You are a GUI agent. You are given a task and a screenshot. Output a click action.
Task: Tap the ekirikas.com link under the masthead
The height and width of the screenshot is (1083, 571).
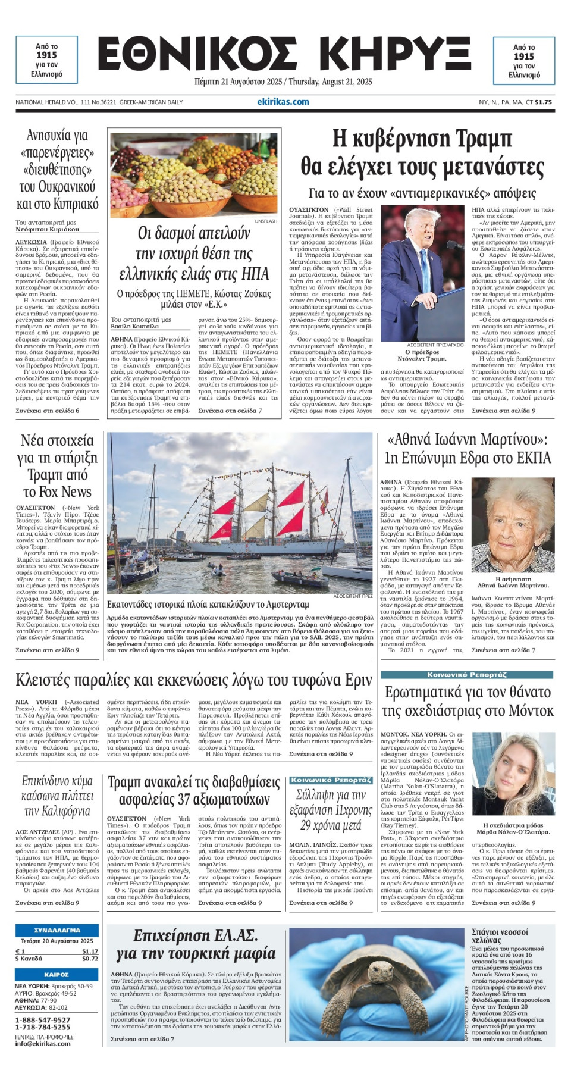pos(283,102)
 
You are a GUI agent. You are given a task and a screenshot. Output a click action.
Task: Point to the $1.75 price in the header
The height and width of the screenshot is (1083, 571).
pos(543,102)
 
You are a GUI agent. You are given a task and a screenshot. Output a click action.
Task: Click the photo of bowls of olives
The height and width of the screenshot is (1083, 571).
pos(194,175)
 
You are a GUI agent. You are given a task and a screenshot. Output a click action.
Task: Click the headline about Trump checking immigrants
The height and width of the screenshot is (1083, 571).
pos(422,154)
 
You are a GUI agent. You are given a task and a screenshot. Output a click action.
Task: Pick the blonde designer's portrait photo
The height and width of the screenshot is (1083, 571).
pos(512,773)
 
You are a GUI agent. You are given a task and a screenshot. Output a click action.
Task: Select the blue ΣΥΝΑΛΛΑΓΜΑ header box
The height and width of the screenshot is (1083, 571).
pos(57,930)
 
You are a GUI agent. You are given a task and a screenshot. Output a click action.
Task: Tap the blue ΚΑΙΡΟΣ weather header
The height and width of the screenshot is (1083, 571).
pos(57,975)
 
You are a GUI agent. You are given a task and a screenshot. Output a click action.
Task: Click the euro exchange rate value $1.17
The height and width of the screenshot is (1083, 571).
pos(90,951)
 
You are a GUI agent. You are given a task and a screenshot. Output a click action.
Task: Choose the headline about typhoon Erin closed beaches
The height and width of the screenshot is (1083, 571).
pos(194,680)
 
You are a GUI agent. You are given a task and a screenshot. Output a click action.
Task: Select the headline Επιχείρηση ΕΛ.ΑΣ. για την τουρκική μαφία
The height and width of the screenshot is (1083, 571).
pos(196,945)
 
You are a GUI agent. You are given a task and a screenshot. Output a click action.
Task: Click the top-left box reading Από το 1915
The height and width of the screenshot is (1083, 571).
pos(46,60)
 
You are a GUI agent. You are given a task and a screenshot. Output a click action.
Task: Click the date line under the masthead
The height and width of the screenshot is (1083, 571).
pos(283,82)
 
